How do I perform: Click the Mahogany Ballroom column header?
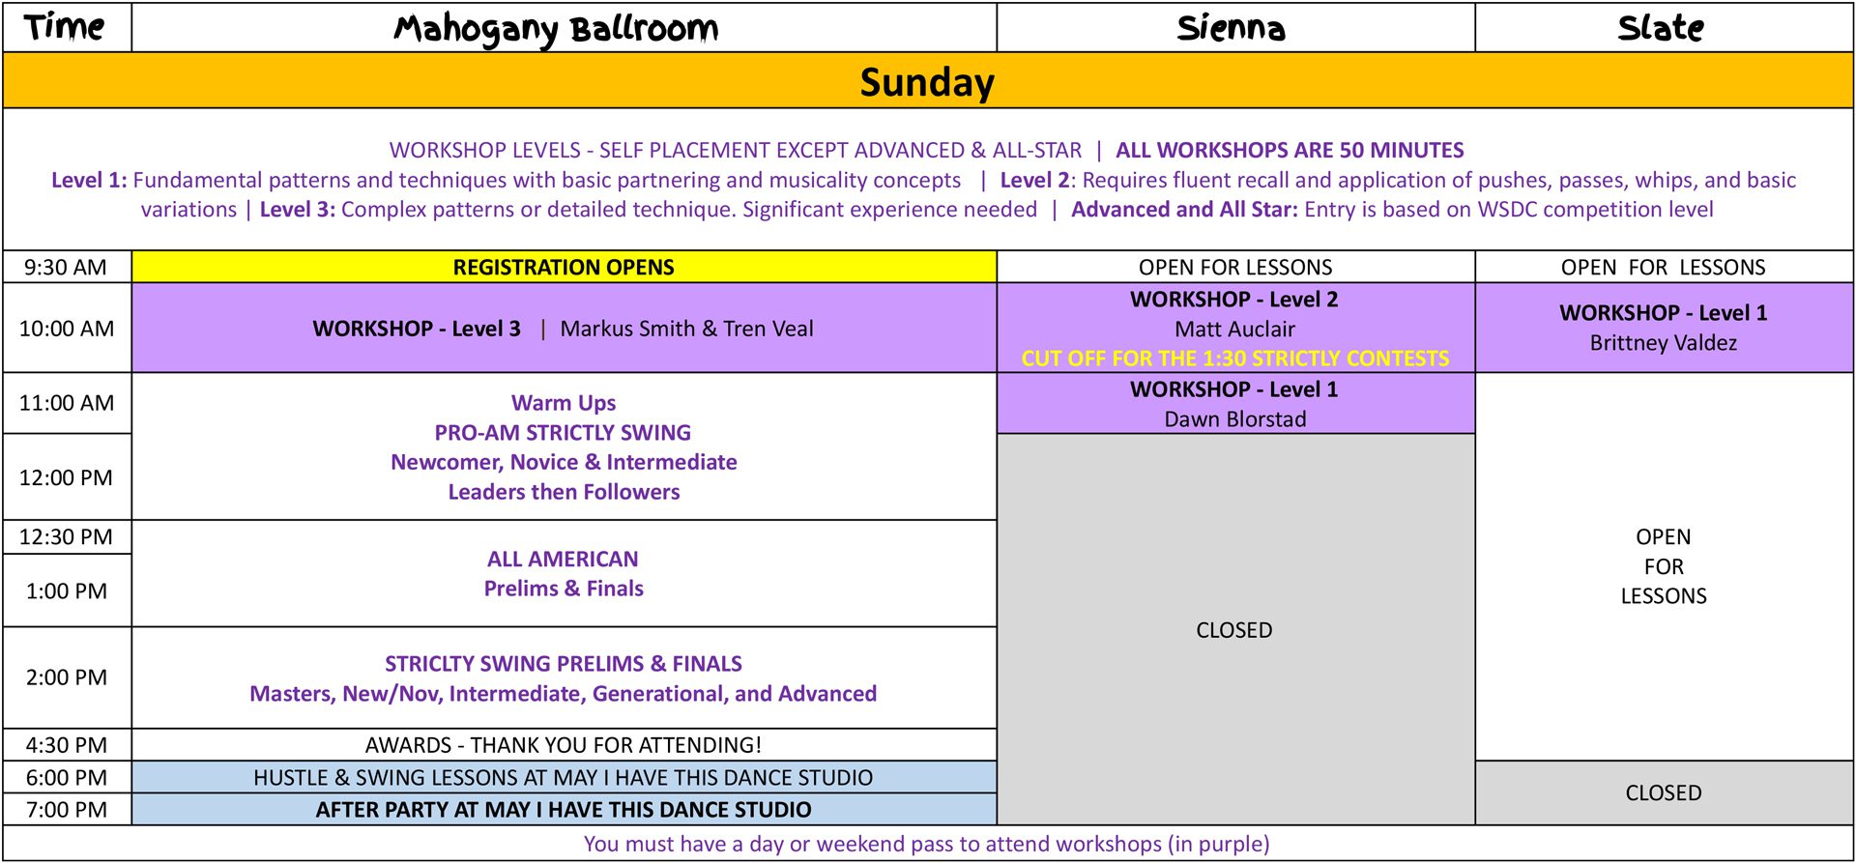556,28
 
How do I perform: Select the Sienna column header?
1232,28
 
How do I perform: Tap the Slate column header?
1661,28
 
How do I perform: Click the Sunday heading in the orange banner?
927,82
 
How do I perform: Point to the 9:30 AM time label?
66,267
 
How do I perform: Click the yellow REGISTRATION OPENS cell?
564,267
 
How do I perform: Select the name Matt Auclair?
1234,329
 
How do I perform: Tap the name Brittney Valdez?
1663,343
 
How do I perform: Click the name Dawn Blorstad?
1234,418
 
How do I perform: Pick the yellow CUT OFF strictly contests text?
1234,359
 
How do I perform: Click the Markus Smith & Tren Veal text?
686,329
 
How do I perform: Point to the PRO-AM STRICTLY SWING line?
563,433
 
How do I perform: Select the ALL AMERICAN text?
563,559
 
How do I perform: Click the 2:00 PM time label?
66,677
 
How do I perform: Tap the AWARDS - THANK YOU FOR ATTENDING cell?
564,745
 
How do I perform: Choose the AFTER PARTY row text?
564,810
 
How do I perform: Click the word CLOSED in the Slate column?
1663,792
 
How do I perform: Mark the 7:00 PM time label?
66,810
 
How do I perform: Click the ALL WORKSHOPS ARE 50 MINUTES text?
1290,150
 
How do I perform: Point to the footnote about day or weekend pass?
927,844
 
